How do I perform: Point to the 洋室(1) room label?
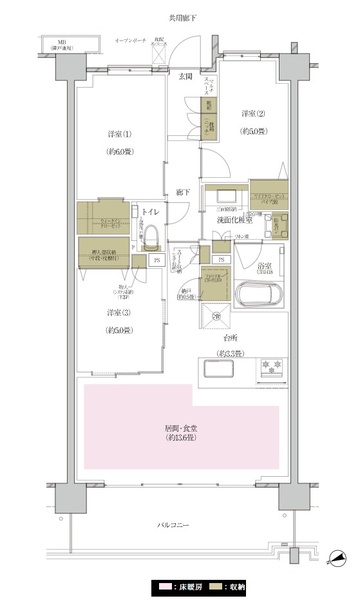(x=120, y=134)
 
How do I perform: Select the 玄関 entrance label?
(x=185, y=76)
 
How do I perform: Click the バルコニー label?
(x=173, y=525)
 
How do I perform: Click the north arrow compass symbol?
(x=337, y=558)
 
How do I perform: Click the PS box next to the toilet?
(x=156, y=260)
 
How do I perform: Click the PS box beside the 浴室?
(x=221, y=260)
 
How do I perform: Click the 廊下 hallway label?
(x=184, y=192)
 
